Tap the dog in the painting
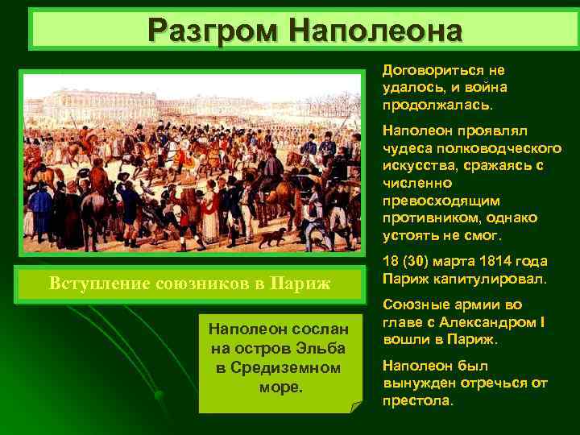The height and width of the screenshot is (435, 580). (x=277, y=236)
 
